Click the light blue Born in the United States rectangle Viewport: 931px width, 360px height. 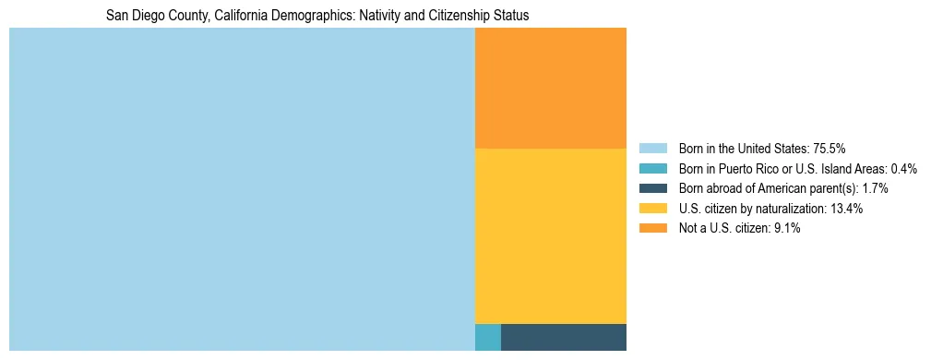(242, 189)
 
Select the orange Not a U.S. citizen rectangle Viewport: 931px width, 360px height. (550, 88)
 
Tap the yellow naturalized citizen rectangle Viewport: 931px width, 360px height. (550, 235)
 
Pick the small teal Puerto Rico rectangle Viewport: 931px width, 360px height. (487, 337)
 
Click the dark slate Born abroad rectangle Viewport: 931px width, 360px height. (563, 337)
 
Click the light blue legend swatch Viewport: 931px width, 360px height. (653, 149)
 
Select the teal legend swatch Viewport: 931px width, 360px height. (653, 169)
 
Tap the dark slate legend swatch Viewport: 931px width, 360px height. (653, 188)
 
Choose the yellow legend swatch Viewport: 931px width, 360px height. (653, 209)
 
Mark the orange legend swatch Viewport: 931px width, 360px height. (653, 228)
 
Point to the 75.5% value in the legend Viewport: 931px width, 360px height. (830, 149)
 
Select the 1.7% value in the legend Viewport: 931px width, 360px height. (875, 188)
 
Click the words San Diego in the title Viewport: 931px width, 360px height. (132, 16)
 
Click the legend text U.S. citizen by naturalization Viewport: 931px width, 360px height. (752, 209)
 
